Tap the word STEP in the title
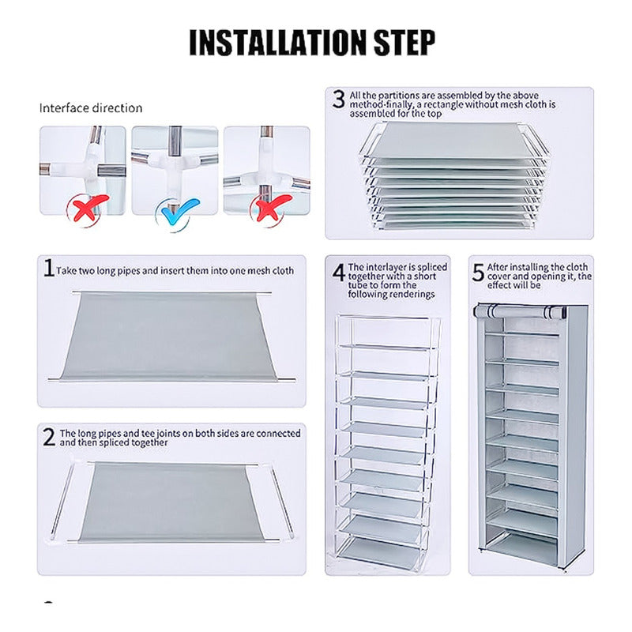pos(404,43)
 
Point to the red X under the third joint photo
pos(272,208)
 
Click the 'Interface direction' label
pos(91,108)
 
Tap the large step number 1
pos(49,268)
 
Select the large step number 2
pos(49,437)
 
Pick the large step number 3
pos(339,100)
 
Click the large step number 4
pos(339,272)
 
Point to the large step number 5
pos(478,273)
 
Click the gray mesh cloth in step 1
pos(168,337)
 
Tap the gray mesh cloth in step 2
pos(171,502)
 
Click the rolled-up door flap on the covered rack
pos(520,311)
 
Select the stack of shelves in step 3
pos(453,175)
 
